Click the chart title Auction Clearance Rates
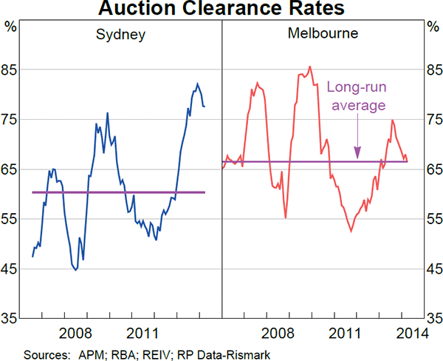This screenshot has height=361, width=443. [x=221, y=10]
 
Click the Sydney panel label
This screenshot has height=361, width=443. [x=120, y=35]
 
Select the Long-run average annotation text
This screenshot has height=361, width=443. [x=357, y=96]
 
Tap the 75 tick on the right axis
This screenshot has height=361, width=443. [x=434, y=121]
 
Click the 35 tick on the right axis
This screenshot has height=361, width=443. [x=434, y=319]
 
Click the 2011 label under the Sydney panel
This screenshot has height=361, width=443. [x=141, y=332]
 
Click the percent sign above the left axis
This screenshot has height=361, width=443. [x=10, y=27]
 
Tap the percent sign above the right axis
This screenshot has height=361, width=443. [x=433, y=27]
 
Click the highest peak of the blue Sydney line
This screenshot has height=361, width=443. [x=197, y=83]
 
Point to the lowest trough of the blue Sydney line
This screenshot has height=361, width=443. [x=75, y=270]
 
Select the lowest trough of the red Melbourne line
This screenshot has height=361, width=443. [x=351, y=232]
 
